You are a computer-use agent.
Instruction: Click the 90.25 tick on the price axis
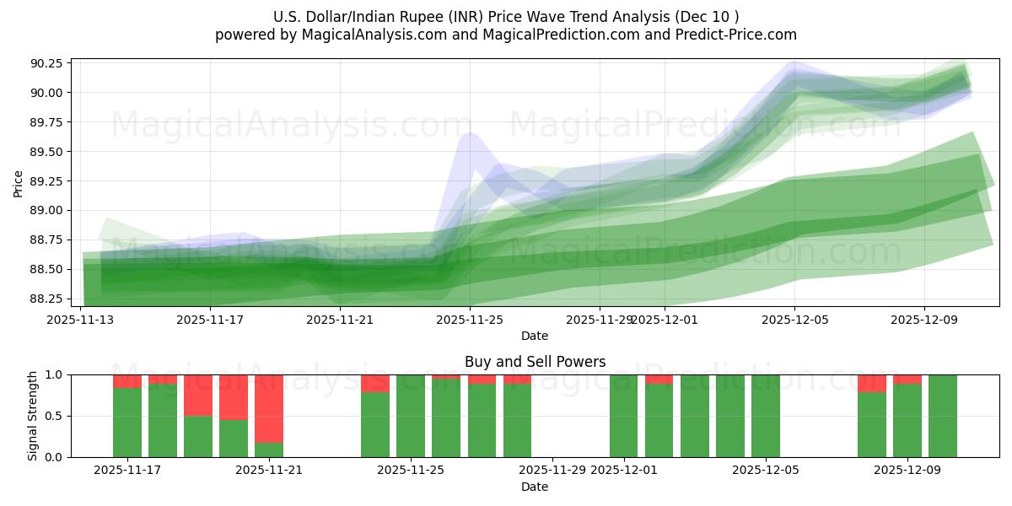click(x=49, y=64)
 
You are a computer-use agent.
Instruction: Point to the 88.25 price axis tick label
click(x=49, y=299)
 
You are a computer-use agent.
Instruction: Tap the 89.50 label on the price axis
click(x=49, y=152)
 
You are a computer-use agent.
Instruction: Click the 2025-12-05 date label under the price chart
click(x=794, y=320)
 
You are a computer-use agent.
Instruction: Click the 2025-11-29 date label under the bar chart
click(x=552, y=471)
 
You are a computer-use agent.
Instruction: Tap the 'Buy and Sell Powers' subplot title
click(x=535, y=362)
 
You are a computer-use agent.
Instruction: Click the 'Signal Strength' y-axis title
click(x=33, y=416)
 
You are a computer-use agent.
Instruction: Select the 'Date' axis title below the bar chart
click(x=535, y=487)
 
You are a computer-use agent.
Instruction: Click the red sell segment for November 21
click(x=269, y=408)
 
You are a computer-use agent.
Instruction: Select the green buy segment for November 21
click(x=269, y=449)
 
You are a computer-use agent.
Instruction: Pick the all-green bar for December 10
click(x=942, y=416)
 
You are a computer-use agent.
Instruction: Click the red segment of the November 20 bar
click(x=234, y=396)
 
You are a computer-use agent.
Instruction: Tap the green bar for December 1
click(x=624, y=416)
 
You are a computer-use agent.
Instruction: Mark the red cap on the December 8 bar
click(x=872, y=383)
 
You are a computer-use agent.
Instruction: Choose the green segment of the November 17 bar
click(x=127, y=422)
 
